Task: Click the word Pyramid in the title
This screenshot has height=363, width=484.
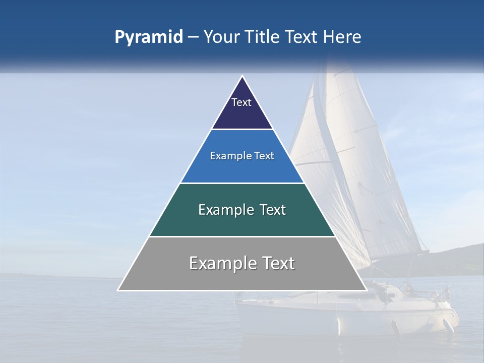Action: pos(149,37)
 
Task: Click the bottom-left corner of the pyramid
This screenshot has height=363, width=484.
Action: pos(118,290)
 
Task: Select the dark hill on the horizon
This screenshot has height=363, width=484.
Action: pos(454,260)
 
